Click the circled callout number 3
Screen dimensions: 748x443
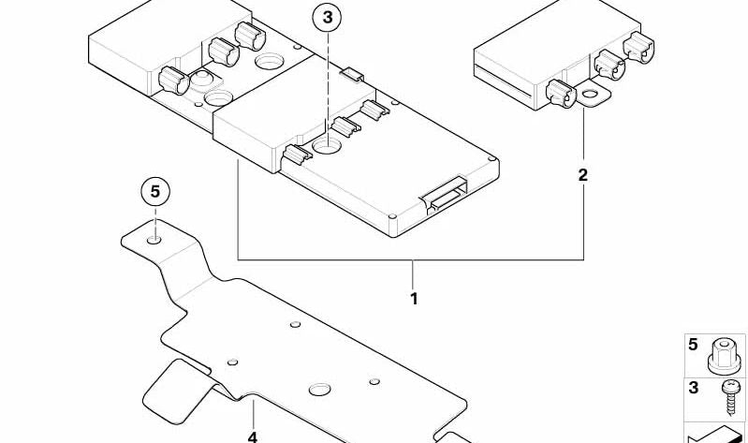tap(328, 18)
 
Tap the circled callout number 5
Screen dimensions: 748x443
tap(155, 192)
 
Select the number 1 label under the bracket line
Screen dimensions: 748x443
tap(414, 299)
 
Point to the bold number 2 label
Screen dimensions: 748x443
tap(583, 175)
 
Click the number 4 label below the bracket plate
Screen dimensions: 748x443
tap(253, 436)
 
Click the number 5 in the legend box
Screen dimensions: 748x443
tap(693, 344)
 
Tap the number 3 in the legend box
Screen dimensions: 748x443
tap(694, 388)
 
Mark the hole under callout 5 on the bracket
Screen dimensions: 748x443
tap(154, 239)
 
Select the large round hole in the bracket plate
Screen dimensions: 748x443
tap(319, 390)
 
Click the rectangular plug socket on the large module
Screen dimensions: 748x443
tap(444, 195)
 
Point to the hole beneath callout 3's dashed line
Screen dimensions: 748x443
tap(327, 145)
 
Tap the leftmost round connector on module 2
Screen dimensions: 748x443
tap(561, 93)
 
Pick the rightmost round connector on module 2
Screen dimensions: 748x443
tap(639, 48)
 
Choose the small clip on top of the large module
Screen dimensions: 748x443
tap(353, 74)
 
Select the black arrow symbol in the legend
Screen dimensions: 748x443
tap(715, 435)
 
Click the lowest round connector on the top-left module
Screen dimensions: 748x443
tap(173, 81)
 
